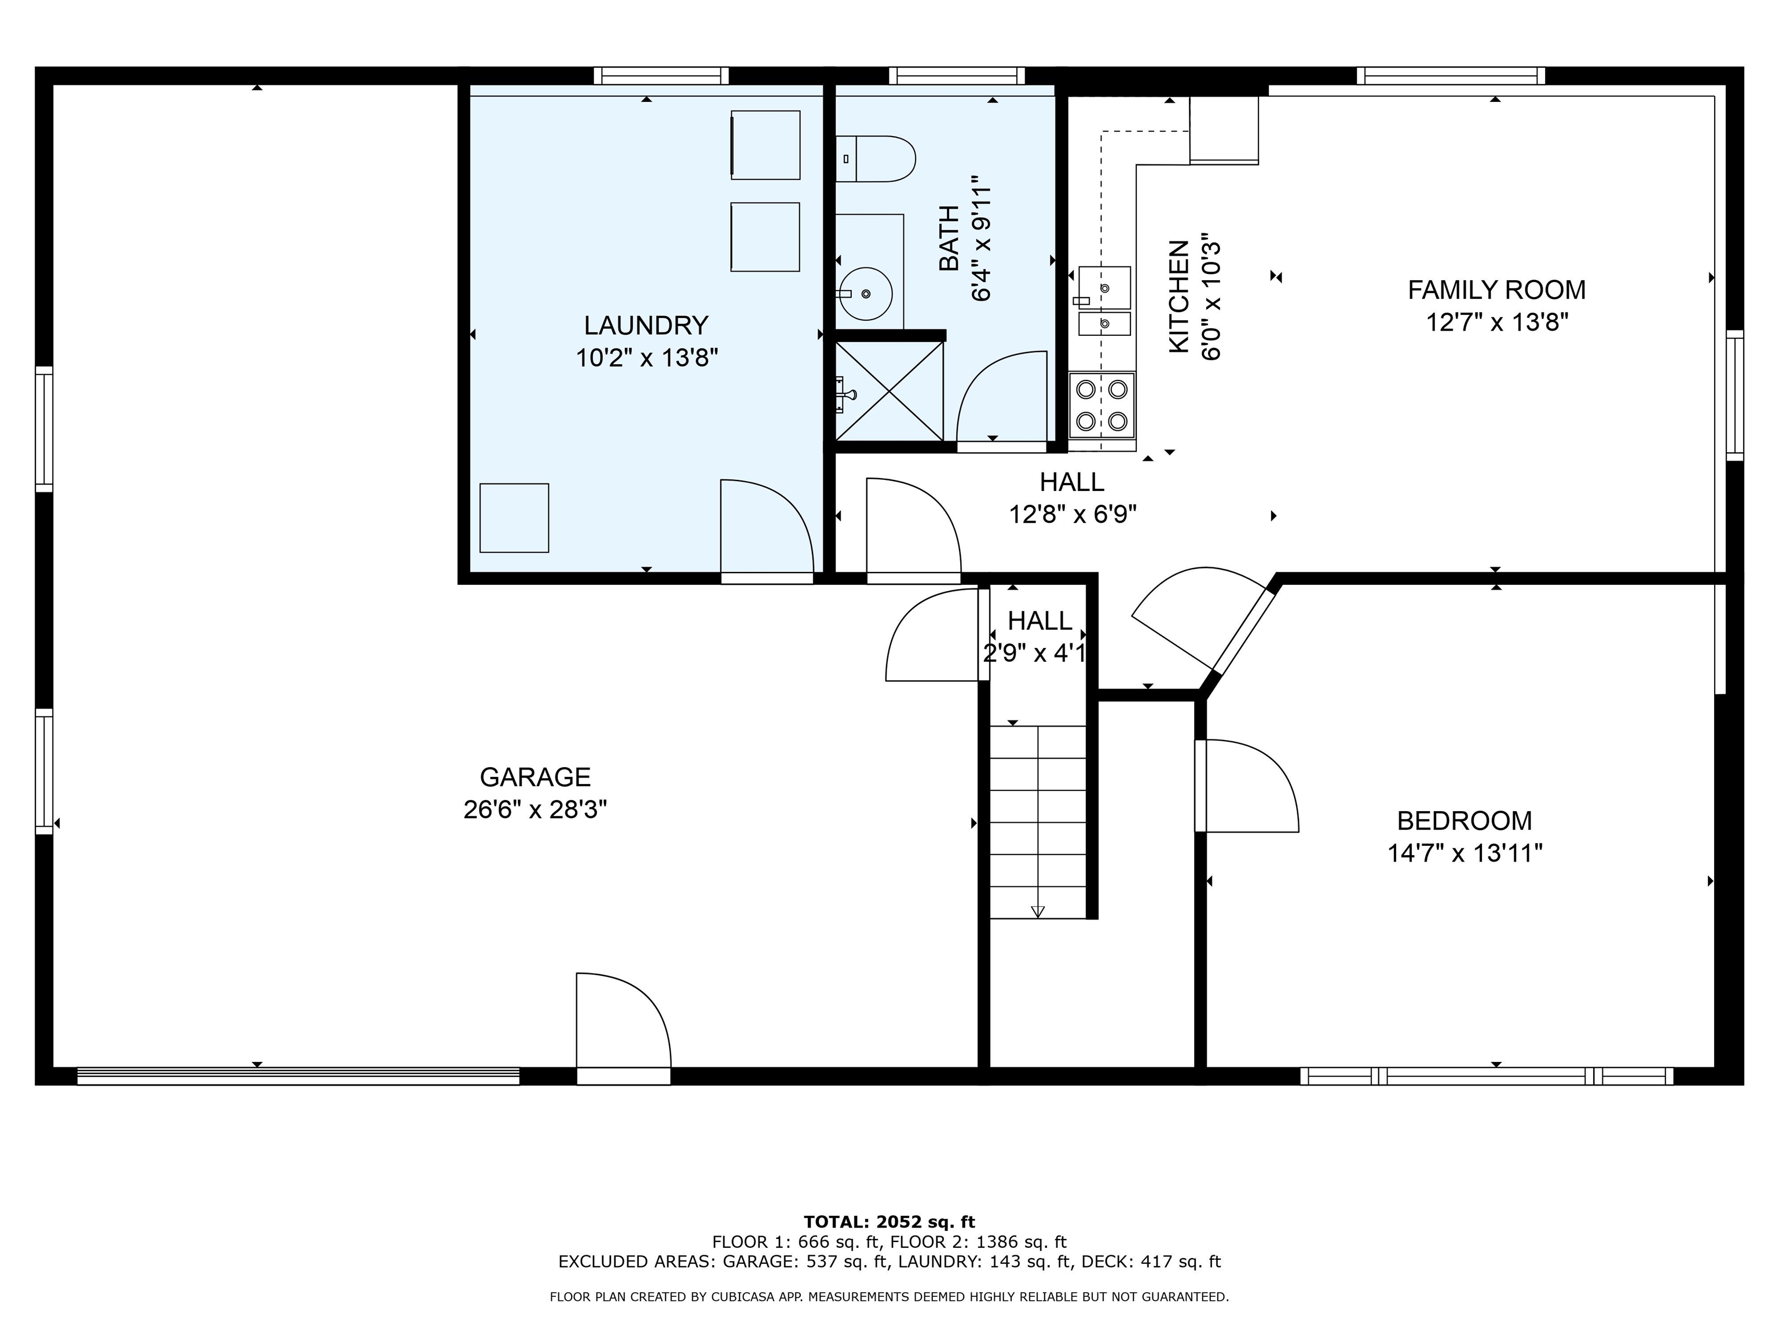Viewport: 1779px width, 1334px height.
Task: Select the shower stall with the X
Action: coord(889,391)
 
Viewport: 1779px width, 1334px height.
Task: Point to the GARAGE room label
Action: coord(535,777)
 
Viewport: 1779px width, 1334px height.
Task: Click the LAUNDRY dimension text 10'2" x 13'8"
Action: coord(646,358)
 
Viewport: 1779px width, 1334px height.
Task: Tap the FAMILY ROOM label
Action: coord(1496,289)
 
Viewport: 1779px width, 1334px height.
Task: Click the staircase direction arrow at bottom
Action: coord(1038,911)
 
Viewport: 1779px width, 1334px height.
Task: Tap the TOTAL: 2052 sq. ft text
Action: coord(889,1222)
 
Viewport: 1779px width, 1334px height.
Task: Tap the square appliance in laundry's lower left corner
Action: coord(514,518)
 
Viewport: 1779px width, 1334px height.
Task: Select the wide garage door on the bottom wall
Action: coord(298,1076)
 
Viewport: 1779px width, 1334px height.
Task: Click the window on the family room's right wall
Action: coord(1735,395)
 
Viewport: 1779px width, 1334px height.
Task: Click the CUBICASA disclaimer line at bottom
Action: coord(889,1296)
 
